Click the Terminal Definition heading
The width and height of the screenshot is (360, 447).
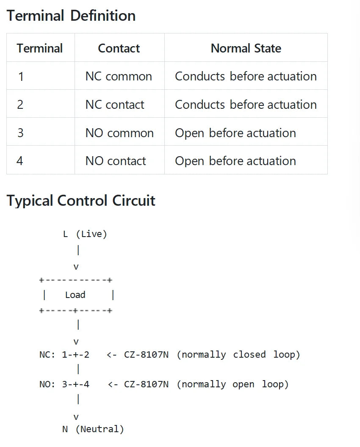click(x=71, y=15)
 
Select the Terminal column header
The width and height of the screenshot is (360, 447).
click(x=40, y=48)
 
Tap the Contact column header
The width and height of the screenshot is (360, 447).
click(x=119, y=48)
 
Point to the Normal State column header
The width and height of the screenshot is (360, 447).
click(x=246, y=48)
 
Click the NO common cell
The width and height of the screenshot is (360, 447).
click(x=119, y=133)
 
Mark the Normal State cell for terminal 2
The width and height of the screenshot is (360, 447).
click(x=246, y=105)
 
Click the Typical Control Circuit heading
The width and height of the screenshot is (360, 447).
click(x=81, y=200)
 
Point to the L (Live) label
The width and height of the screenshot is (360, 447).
click(x=85, y=234)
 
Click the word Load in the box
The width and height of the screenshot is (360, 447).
click(x=75, y=295)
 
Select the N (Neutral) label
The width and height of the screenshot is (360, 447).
click(x=93, y=429)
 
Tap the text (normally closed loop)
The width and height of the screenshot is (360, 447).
click(x=238, y=355)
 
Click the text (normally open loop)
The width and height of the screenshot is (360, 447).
click(x=233, y=384)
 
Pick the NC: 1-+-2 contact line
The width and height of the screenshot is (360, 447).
click(x=64, y=355)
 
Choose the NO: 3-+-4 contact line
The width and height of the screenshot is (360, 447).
click(x=64, y=384)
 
